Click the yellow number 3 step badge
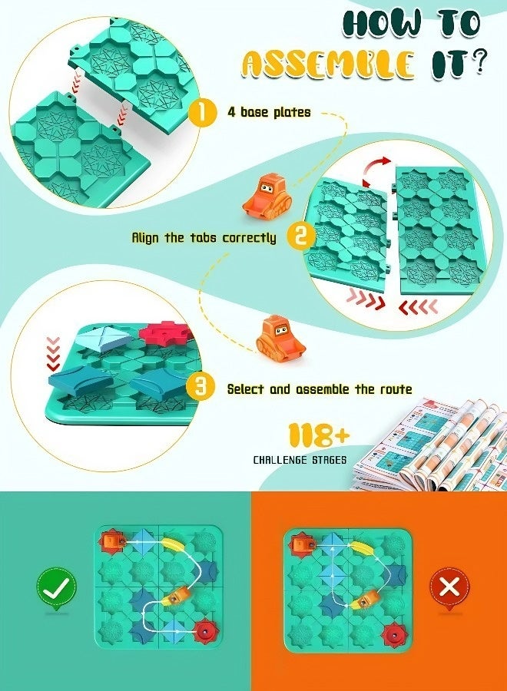[x=200, y=388]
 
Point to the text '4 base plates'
[x=269, y=112]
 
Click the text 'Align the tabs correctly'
[x=204, y=238]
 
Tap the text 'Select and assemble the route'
[x=320, y=389]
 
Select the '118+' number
[x=319, y=436]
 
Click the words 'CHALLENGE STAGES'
[x=300, y=460]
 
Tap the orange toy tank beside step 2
[x=267, y=195]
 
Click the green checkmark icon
[x=56, y=588]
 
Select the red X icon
[x=450, y=588]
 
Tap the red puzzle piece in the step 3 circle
[x=165, y=332]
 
